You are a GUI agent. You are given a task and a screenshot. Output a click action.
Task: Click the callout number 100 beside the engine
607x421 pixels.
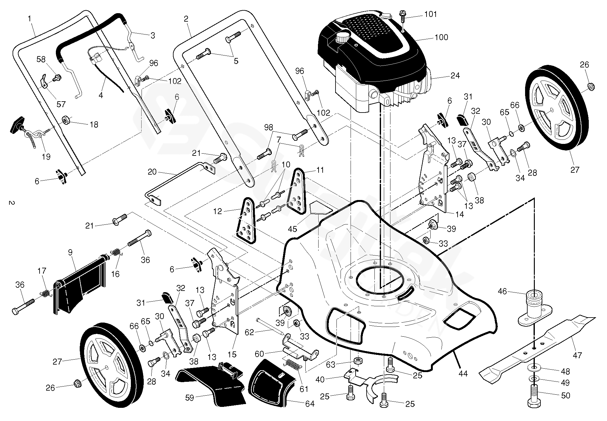[441, 37]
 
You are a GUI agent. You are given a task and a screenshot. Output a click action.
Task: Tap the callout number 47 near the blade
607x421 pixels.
[577, 355]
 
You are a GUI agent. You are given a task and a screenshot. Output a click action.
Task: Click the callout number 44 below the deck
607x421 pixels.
[463, 373]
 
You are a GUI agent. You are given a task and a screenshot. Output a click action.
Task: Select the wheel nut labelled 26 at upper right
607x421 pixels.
[590, 86]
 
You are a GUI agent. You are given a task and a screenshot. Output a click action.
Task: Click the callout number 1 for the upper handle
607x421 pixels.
[30, 18]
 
